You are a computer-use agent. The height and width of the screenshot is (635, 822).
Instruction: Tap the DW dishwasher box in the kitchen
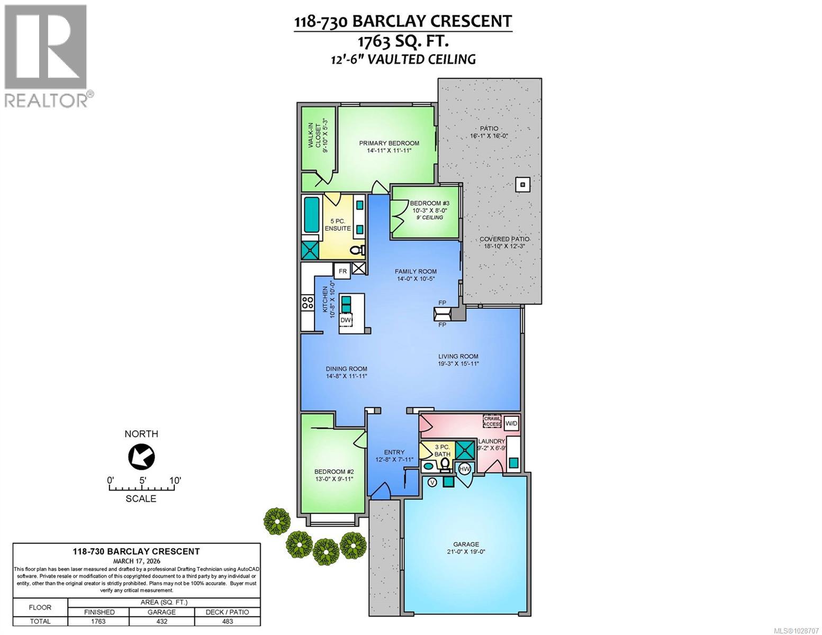tap(346, 320)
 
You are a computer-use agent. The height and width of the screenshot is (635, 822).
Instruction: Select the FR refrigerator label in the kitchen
tap(342, 271)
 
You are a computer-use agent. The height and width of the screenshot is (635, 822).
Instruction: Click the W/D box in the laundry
tap(511, 423)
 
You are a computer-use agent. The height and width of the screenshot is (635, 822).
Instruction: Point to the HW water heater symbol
tap(464, 469)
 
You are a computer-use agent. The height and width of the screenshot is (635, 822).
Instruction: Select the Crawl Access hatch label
tap(492, 421)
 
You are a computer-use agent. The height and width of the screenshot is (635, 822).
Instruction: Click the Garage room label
tap(466, 544)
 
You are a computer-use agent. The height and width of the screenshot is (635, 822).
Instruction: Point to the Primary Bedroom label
tap(389, 143)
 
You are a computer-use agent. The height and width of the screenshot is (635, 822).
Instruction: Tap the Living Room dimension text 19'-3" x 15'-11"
tap(458, 364)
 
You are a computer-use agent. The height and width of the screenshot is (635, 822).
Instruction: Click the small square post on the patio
tap(522, 184)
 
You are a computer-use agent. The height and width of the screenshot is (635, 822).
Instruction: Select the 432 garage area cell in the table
tap(161, 621)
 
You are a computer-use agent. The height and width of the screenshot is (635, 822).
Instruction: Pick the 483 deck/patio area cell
tap(228, 621)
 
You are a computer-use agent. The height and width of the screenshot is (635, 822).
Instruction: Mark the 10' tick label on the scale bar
tap(175, 480)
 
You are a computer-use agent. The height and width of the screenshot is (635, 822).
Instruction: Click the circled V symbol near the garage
tap(431, 482)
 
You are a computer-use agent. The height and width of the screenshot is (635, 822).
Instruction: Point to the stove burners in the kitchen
tap(307, 303)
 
